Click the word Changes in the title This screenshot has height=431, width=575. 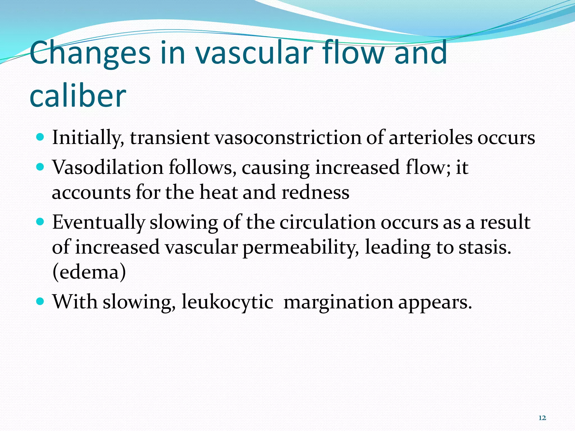[x=90, y=53]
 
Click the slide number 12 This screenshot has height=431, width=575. [x=542, y=418]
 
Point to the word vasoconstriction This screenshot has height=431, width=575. [x=288, y=138]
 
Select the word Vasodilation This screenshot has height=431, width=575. [x=108, y=168]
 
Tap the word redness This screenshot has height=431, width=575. [x=315, y=192]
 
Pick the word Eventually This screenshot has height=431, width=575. [x=98, y=223]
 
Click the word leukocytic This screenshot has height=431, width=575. [x=227, y=302]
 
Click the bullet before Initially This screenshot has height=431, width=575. [x=41, y=137]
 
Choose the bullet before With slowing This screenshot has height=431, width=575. [x=41, y=302]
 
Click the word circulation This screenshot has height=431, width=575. [x=328, y=223]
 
